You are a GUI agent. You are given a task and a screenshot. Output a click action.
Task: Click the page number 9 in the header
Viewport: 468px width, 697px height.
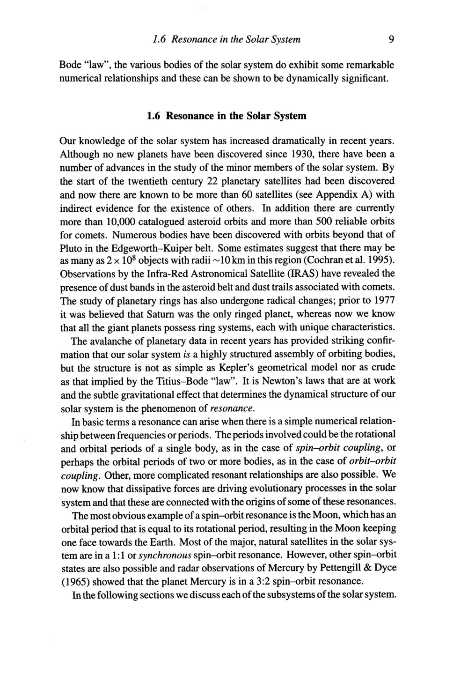tap(390, 40)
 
